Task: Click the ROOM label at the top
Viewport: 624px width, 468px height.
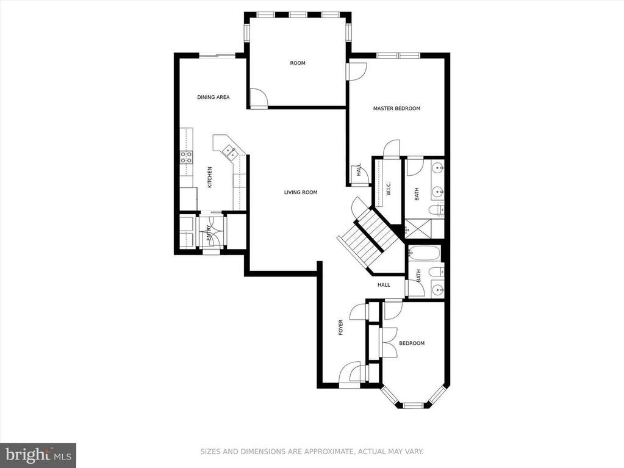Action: click(298, 63)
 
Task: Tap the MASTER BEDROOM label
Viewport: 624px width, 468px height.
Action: click(396, 109)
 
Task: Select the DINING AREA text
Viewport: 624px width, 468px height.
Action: click(213, 97)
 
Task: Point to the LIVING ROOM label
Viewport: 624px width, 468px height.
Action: click(301, 193)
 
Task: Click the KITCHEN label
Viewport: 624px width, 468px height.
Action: click(209, 178)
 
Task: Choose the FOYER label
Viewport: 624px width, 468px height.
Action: click(341, 327)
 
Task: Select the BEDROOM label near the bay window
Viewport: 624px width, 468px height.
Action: click(412, 344)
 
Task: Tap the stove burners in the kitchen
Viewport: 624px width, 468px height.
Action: click(185, 157)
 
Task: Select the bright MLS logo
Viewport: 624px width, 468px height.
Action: click(38, 454)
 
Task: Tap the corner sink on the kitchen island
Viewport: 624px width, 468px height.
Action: click(229, 150)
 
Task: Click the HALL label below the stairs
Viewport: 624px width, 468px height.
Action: click(384, 285)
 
